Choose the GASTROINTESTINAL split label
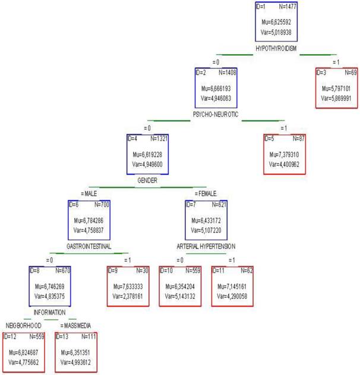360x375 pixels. click(x=89, y=245)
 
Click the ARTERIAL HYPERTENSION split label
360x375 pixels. click(x=206, y=245)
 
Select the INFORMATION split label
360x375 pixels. click(x=49, y=311)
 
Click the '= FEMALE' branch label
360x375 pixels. click(x=205, y=193)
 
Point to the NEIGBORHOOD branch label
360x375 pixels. click(x=24, y=326)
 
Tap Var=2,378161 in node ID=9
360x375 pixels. click(x=127, y=295)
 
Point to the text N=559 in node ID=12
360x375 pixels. click(x=35, y=337)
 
